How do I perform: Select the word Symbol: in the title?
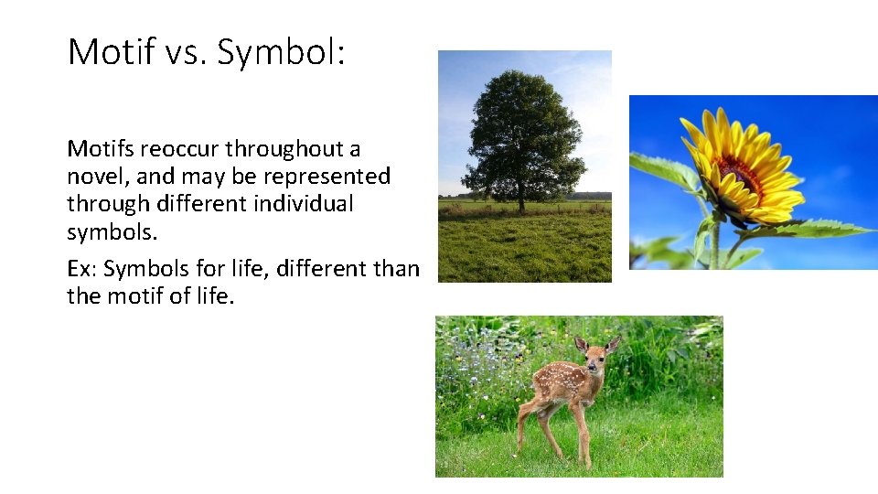[x=280, y=52]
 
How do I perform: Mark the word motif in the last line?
[x=134, y=296]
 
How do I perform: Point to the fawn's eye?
[x=593, y=354]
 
